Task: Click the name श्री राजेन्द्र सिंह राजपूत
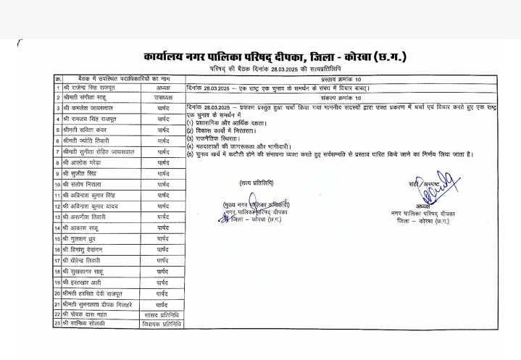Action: (x=94, y=88)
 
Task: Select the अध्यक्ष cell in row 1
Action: (x=162, y=88)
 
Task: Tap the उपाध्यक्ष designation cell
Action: (x=162, y=98)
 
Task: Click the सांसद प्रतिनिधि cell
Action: (x=162, y=314)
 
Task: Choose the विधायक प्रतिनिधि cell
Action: (x=162, y=325)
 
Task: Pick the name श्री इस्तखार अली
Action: (x=85, y=282)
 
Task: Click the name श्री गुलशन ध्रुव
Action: (x=84, y=238)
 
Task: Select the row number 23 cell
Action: (x=56, y=325)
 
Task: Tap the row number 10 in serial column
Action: (x=56, y=184)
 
